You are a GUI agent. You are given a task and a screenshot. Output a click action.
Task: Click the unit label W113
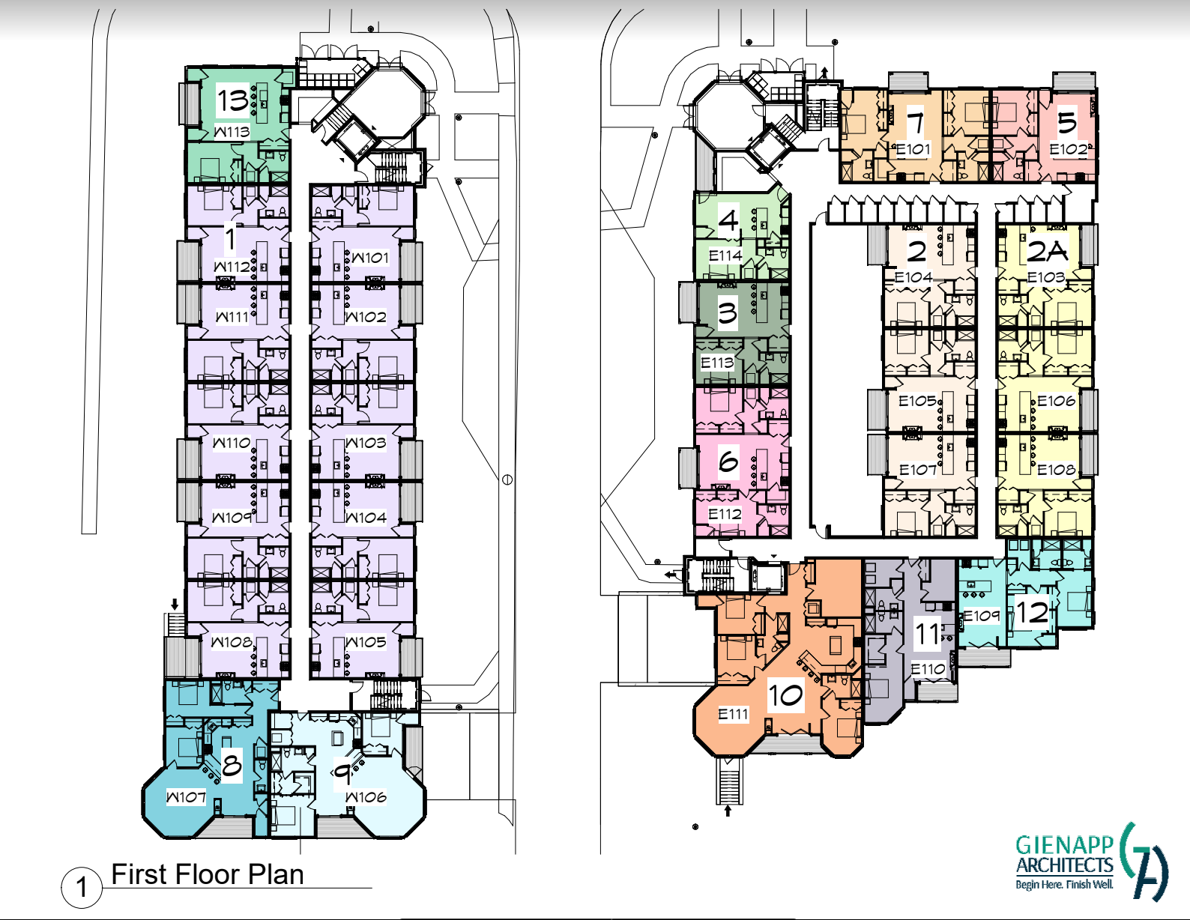coord(232,132)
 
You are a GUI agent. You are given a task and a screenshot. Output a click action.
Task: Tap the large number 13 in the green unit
coord(233,100)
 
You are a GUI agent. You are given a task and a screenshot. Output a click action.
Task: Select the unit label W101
coord(369,257)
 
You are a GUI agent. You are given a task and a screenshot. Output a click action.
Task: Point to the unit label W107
coord(186,797)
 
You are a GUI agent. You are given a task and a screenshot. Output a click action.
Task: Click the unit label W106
coord(366,797)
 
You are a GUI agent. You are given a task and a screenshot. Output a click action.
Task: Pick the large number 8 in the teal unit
coord(231,764)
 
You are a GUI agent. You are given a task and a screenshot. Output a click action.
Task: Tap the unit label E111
coord(733,714)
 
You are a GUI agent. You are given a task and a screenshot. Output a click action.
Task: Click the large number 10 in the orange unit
coord(786,695)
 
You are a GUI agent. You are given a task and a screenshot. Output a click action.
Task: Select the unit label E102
coord(1068,149)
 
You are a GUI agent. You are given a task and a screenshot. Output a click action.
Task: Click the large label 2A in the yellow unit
coord(1047,251)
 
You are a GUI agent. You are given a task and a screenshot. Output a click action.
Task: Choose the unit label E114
coord(725,255)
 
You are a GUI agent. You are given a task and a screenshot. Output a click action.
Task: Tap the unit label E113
coord(717,363)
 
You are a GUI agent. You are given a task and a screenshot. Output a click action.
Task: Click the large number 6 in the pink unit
coord(728,461)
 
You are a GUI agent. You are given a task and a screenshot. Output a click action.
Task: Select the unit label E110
coord(928,668)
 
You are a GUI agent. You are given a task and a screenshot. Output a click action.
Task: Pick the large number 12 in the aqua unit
coord(1032,612)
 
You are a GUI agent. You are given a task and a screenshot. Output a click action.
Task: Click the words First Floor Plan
coord(208,874)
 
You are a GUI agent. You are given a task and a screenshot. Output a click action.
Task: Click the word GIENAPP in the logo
coord(1065,846)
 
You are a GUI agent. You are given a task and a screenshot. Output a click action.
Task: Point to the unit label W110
coord(232,442)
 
